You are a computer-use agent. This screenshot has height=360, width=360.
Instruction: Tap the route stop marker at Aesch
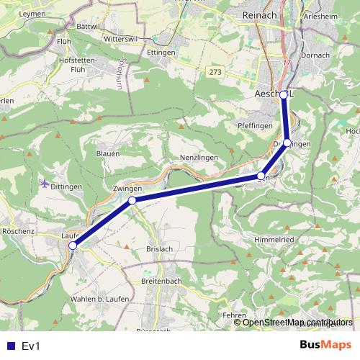click(284, 94)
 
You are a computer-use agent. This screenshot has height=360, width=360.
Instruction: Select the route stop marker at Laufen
click(72, 246)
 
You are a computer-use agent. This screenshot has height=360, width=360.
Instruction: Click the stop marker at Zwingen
click(132, 201)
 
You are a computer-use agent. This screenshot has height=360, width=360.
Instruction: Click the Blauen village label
click(108, 153)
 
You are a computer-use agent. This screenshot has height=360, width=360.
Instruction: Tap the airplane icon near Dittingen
click(46, 183)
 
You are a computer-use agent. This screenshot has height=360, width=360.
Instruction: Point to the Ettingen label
click(162, 53)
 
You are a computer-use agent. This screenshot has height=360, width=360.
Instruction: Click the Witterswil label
click(120, 38)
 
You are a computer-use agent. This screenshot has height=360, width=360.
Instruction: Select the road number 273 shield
click(215, 73)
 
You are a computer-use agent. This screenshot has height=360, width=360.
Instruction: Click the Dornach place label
click(315, 55)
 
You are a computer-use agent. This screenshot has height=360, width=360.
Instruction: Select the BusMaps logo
click(325, 346)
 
